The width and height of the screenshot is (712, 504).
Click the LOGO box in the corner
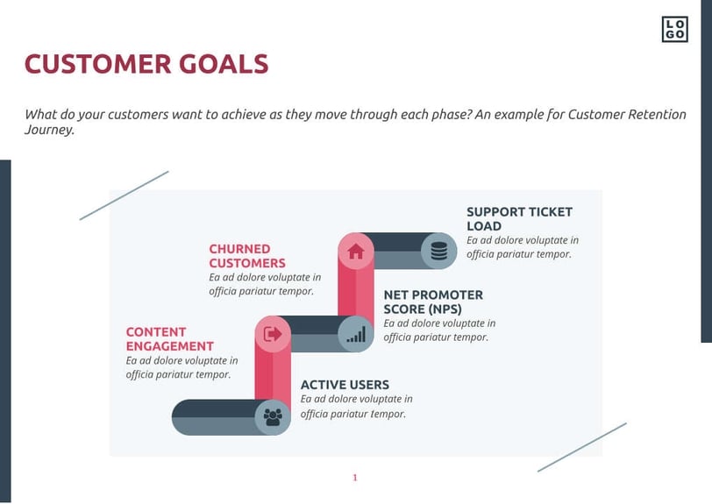point(674,29)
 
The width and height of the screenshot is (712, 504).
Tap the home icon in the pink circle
point(355,252)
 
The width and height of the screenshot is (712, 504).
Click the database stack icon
point(439,252)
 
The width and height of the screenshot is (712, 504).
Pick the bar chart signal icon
point(356,334)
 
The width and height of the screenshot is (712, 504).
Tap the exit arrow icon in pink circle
point(273,334)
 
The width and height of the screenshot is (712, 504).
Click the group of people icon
point(273,417)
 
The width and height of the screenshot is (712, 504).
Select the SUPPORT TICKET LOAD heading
point(519,218)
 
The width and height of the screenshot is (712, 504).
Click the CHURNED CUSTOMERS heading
point(246,256)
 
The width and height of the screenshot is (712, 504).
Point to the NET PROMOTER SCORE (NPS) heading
point(433,302)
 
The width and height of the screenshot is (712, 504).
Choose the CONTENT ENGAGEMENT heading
point(169,339)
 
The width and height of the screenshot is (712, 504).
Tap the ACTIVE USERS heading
point(345,385)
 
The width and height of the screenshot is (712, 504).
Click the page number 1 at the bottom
point(355,478)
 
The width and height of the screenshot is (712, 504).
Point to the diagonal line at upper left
point(124,195)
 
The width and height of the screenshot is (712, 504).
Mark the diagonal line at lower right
point(581,447)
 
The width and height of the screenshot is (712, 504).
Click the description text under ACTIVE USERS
point(355,407)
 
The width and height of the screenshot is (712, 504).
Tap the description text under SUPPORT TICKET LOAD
point(522,247)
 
